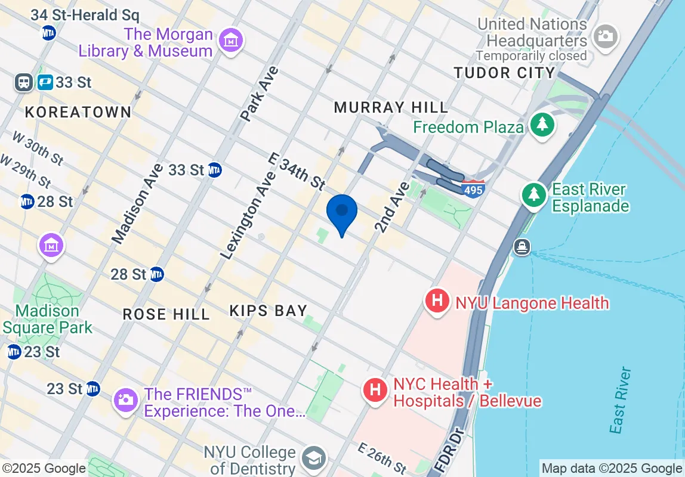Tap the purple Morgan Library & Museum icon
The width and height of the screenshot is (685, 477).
230,41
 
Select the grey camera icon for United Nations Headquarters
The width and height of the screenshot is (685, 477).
606,35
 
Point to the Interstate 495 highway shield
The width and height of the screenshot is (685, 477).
473,188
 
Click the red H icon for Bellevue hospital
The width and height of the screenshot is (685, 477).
375,391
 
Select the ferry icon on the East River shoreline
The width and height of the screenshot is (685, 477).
522,247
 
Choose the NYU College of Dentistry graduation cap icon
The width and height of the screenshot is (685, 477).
311,458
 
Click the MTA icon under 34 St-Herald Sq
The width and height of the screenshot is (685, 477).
49,33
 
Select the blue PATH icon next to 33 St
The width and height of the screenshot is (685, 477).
45,82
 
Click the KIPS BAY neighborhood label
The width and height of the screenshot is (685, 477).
269,311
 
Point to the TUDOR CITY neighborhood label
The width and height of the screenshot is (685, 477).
504,73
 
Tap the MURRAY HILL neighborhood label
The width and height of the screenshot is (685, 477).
391,107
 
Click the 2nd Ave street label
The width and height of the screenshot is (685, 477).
393,207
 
